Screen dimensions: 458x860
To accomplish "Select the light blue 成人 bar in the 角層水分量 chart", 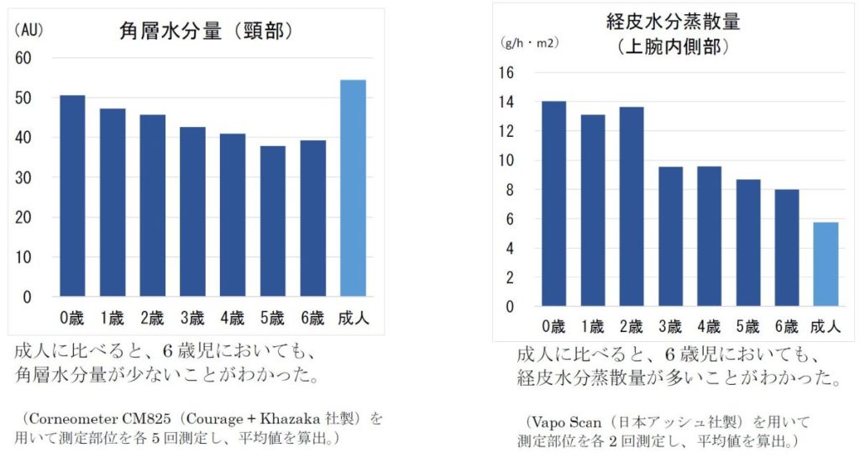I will (353, 188).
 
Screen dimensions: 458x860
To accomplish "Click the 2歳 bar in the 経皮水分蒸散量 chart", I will (631, 207).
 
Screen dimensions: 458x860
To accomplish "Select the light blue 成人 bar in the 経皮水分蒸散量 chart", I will (826, 264).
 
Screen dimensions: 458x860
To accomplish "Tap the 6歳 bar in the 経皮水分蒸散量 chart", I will (787, 248).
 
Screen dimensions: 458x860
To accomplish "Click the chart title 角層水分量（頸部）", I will (205, 32).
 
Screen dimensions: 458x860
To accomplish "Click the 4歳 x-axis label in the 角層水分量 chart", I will (232, 318).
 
